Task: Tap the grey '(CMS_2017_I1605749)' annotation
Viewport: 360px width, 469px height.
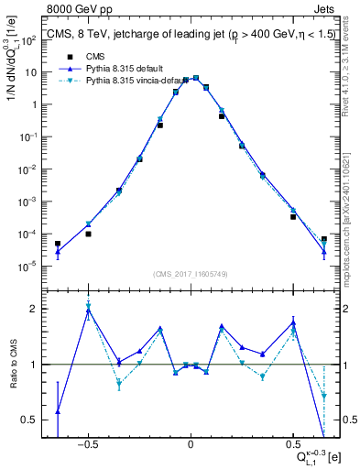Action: pyautogui.click(x=190, y=274)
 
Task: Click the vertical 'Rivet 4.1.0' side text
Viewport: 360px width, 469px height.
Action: pyautogui.click(x=352, y=64)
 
